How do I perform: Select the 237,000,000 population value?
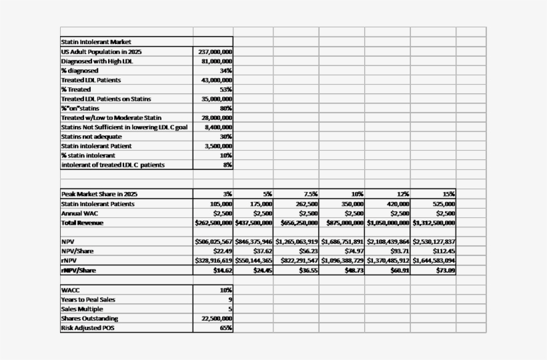click(x=215, y=51)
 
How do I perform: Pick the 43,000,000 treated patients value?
click(x=216, y=80)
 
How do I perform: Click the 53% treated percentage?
click(x=225, y=89)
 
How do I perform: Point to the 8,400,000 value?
click(x=218, y=127)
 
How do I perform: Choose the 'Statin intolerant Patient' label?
click(x=96, y=145)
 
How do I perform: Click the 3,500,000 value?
click(x=218, y=145)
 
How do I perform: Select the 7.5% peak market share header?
click(x=310, y=193)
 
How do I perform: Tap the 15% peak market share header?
click(x=448, y=193)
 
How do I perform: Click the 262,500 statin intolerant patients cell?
click(x=307, y=203)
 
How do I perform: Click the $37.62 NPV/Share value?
click(x=261, y=251)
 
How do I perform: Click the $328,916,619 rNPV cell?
click(x=213, y=260)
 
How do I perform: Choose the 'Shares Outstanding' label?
click(x=89, y=318)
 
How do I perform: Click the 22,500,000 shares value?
click(x=216, y=318)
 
